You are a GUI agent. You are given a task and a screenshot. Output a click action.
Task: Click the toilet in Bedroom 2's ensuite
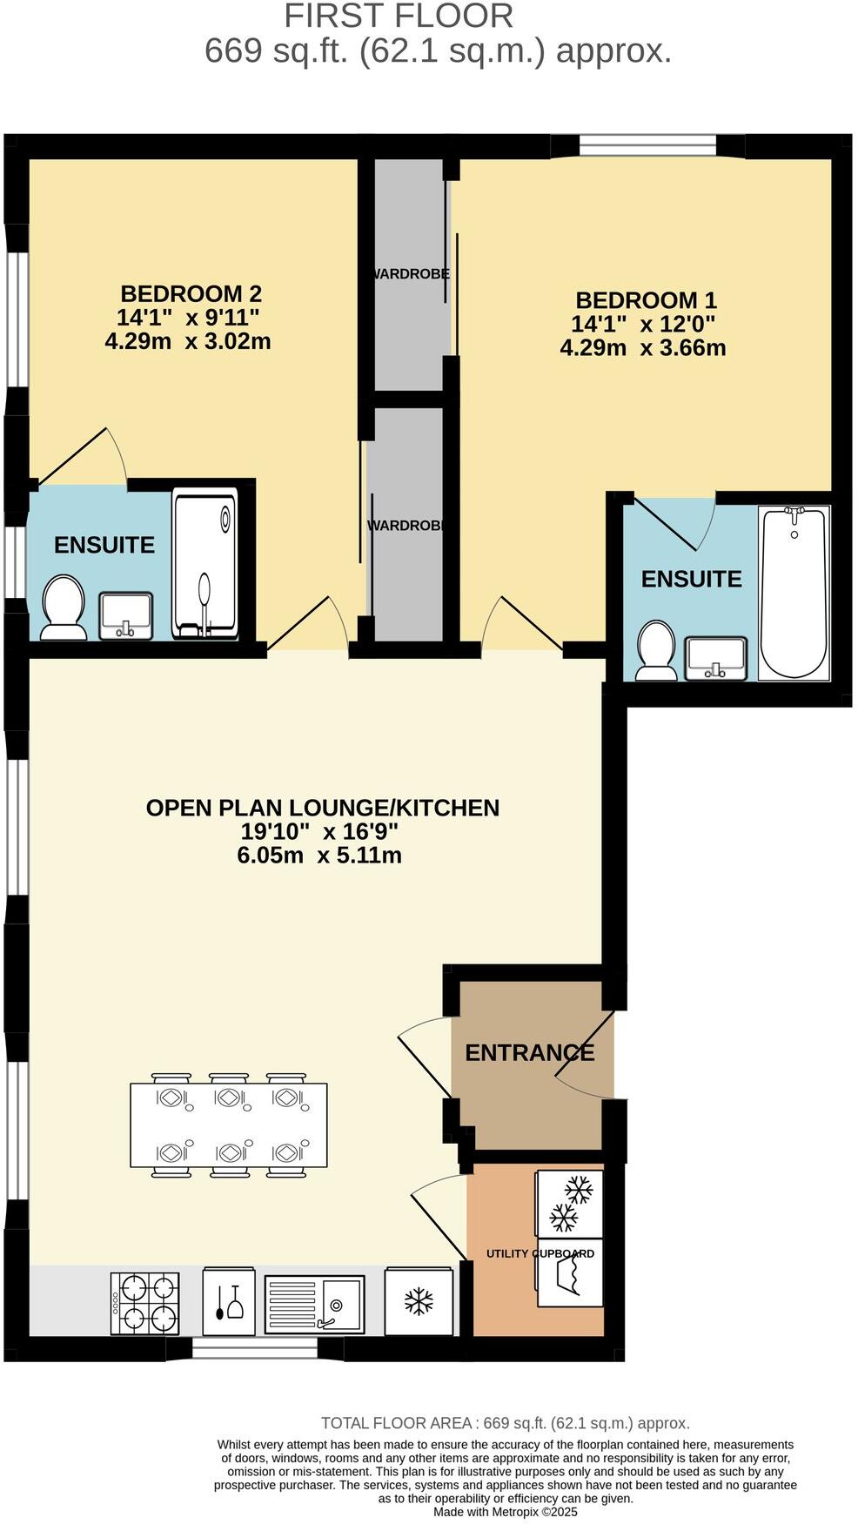(63, 607)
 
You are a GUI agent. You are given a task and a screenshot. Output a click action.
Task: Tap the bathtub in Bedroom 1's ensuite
(793, 594)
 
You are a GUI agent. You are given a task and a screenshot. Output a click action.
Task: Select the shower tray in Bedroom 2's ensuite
(204, 563)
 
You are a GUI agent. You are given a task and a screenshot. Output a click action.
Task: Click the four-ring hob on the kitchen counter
(145, 1303)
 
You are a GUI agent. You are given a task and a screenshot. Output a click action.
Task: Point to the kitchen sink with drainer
(313, 1303)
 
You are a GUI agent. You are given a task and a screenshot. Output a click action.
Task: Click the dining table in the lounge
(229, 1125)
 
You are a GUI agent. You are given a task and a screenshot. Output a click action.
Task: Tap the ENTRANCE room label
(529, 1052)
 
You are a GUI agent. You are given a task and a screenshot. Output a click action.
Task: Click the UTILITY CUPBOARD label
(540, 1253)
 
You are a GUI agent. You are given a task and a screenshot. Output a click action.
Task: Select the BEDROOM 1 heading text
(646, 300)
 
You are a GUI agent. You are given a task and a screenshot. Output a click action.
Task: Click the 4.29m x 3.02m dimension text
(188, 341)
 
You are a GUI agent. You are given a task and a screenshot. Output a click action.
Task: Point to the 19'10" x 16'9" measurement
(319, 831)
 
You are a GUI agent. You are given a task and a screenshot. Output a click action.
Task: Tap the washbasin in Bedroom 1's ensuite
(715, 658)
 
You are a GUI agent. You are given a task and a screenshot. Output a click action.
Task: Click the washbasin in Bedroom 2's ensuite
(126, 615)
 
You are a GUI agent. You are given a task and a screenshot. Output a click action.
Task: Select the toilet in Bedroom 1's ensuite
(656, 650)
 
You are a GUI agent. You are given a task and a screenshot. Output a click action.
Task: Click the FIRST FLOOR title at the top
(399, 16)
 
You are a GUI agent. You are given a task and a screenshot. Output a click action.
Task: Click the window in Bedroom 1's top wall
(647, 144)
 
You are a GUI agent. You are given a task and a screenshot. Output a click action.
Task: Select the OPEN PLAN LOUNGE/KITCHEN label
(322, 808)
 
